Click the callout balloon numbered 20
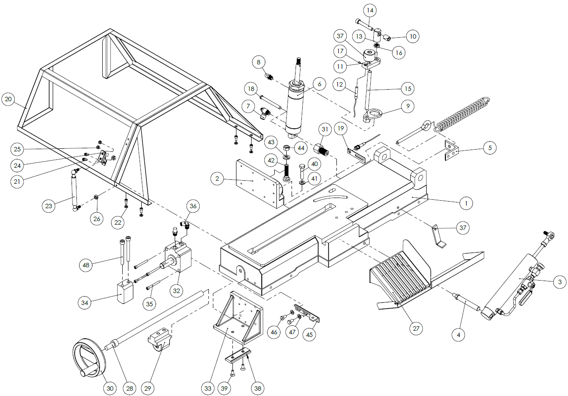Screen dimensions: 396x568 point(8,99)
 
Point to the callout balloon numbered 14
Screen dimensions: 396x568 point(370,9)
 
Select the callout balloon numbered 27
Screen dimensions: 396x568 point(416,329)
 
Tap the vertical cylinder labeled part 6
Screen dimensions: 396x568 point(295,107)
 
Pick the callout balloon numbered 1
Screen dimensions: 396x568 point(466,203)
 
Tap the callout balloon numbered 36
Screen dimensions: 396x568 point(192,206)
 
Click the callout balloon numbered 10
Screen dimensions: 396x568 point(413,36)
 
